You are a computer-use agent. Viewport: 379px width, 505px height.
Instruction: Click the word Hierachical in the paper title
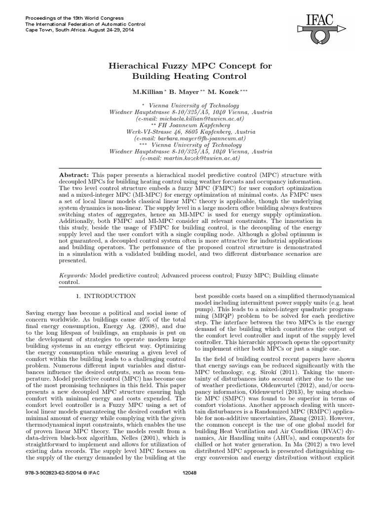(139, 66)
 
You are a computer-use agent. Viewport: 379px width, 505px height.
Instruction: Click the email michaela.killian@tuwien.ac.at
(190, 119)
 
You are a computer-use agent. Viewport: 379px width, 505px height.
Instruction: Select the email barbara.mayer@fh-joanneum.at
(190, 139)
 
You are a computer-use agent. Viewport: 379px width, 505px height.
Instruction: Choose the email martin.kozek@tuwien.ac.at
(190, 159)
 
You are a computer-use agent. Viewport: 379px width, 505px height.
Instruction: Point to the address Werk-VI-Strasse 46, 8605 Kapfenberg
(190, 132)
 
